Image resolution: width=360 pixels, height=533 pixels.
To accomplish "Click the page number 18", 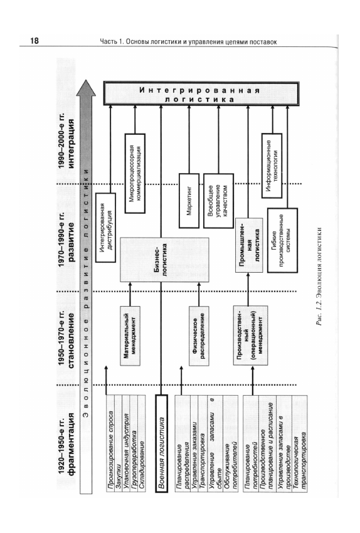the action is [34, 41].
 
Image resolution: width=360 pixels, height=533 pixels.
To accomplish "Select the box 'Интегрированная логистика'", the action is [201, 93].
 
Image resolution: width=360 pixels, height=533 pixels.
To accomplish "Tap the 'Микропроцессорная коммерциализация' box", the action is [135, 173].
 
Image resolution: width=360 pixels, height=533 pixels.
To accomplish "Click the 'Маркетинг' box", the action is [189, 201].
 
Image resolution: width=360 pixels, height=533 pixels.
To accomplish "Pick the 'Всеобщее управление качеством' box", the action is [218, 201].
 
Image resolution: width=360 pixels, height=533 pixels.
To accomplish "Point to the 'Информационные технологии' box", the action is [272, 166].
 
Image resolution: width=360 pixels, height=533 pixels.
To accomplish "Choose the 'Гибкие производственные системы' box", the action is [282, 240].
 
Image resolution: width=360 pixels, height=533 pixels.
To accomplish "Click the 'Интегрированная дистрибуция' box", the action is [105, 228].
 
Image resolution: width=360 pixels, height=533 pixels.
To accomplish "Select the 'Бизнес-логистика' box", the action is [164, 260].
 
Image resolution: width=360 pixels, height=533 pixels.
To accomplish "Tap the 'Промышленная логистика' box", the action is [249, 245].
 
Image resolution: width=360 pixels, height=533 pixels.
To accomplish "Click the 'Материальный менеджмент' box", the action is [130, 335].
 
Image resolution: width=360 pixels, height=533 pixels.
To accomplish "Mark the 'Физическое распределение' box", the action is [199, 335].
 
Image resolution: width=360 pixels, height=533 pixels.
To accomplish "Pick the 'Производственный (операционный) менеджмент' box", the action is [250, 335].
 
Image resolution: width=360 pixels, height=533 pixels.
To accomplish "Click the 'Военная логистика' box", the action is [161, 443].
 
